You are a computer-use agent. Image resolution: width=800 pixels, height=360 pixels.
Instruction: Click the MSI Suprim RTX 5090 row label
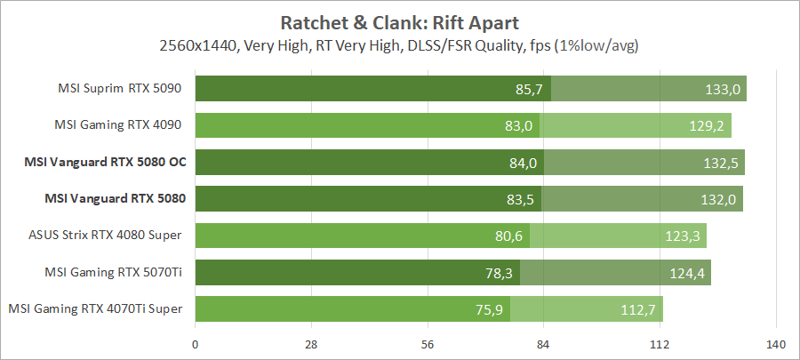(x=120, y=88)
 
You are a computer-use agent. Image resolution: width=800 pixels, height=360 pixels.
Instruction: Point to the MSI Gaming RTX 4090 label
(x=120, y=124)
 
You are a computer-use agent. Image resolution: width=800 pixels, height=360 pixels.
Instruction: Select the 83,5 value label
(x=520, y=198)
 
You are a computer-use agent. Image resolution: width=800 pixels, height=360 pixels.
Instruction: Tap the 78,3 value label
(x=500, y=272)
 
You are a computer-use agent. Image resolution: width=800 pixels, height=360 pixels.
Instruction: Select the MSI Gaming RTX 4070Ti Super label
(x=95, y=308)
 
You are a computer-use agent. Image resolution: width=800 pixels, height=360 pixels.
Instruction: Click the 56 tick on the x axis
(x=428, y=344)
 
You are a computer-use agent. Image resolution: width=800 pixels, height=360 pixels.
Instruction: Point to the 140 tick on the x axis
(x=776, y=344)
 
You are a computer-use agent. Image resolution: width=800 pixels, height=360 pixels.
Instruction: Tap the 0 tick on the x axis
(x=195, y=344)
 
